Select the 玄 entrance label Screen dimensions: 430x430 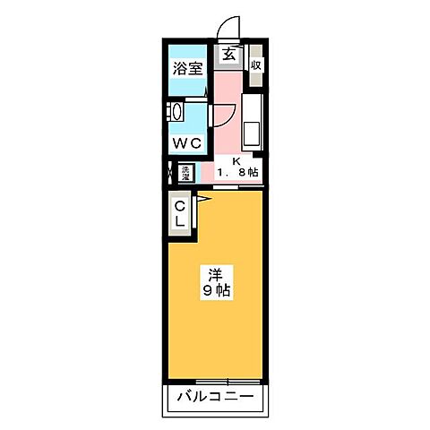pyautogui.click(x=229, y=55)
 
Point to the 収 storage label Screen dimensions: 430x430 pyautogui.click(x=256, y=64)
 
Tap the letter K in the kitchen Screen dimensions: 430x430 pyautogui.click(x=236, y=161)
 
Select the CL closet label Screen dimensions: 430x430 pyautogui.click(x=180, y=215)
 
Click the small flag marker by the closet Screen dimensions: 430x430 pyautogui.click(x=202, y=197)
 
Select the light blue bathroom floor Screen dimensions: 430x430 pyautogui.click(x=187, y=88)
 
